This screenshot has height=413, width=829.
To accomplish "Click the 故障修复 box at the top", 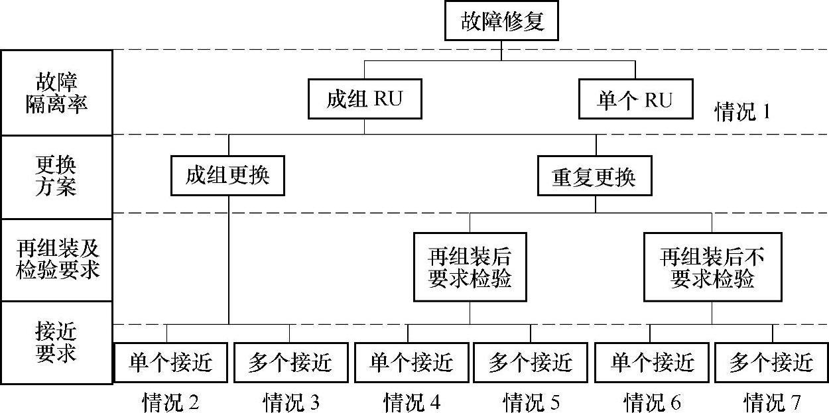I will [502, 22].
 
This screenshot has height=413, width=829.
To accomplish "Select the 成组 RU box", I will [365, 99].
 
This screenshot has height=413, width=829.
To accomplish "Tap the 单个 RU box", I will [635, 99].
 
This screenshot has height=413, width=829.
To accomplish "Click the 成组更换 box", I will [227, 176].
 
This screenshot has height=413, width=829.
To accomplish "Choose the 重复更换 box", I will [594, 176].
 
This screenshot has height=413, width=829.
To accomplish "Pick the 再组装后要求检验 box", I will [470, 266].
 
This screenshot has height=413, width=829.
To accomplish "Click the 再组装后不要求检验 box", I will [712, 266].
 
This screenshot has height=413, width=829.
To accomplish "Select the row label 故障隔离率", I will [56, 93].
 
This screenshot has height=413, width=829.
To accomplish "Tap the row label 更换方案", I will [56, 176].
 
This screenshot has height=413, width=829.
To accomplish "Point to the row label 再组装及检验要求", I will [56, 260].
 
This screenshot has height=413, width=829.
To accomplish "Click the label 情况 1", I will [742, 111].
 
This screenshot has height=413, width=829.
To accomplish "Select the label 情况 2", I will [171, 402].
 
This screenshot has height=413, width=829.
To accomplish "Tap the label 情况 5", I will [531, 402].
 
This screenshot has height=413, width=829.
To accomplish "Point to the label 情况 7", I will [772, 402].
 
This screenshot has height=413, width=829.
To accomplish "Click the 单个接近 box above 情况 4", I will [411, 363].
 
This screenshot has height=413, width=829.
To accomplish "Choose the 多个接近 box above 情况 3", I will [290, 363].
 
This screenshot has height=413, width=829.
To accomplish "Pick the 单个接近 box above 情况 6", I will [652, 363].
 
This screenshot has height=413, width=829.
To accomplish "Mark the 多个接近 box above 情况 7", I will [771, 363].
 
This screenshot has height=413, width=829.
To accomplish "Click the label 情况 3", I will [291, 402].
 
